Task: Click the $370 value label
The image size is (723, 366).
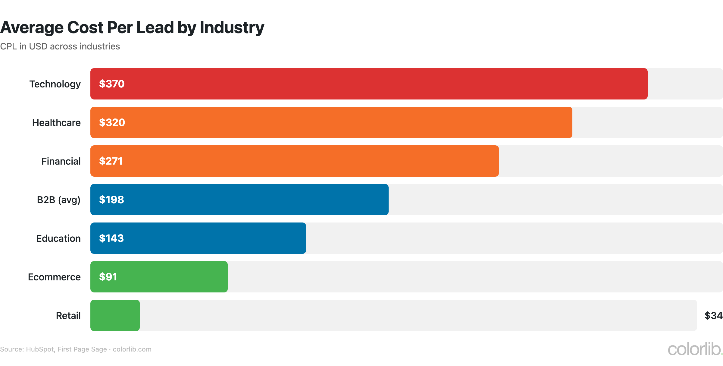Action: [x=112, y=84]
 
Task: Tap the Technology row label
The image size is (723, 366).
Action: [x=55, y=84]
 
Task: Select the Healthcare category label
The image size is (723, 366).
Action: [x=56, y=123]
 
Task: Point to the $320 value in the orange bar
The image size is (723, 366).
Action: [x=112, y=122]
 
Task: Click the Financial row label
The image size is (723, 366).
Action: [x=61, y=161]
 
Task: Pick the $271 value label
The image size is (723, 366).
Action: [x=111, y=161]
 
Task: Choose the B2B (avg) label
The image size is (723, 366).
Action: [x=58, y=200]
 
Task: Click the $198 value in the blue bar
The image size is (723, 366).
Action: [x=111, y=200]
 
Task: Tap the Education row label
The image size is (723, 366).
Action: [x=58, y=238]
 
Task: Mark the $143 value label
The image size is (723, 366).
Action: [x=111, y=238]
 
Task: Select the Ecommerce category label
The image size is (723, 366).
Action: [x=54, y=277]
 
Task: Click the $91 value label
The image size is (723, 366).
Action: [x=108, y=277]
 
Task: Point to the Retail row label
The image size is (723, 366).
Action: [x=68, y=316]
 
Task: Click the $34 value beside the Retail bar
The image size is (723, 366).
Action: [x=713, y=316]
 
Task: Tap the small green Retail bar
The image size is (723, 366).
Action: [x=115, y=315]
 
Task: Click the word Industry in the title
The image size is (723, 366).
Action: [x=232, y=28]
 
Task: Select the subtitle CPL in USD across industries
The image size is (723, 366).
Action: [x=60, y=46]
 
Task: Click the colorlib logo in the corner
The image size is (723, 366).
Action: [x=695, y=349]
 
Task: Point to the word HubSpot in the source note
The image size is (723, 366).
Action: [x=40, y=349]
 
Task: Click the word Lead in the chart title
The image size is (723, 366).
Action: [x=155, y=28]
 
